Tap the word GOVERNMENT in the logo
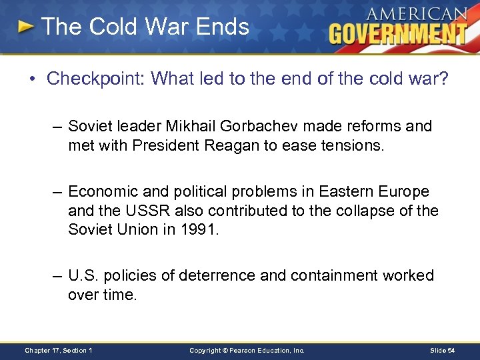tap(397, 33)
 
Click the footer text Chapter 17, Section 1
tap(58, 350)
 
